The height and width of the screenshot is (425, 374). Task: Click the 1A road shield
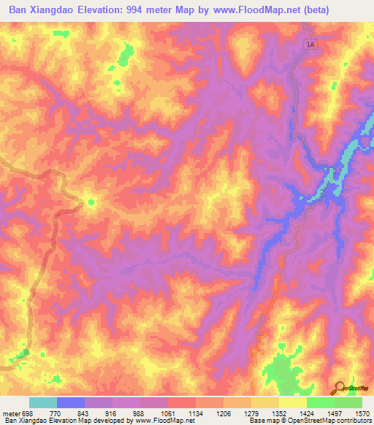pyautogui.click(x=310, y=45)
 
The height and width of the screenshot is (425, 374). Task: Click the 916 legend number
pyautogui.click(x=111, y=413)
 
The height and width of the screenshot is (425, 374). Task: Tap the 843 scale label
pyautogui.click(x=83, y=413)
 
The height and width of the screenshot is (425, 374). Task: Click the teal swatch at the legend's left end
pyautogui.click(x=43, y=402)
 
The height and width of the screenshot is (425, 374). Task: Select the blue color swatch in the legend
pyautogui.click(x=71, y=402)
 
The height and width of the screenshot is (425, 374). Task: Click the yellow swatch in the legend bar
pyautogui.click(x=293, y=402)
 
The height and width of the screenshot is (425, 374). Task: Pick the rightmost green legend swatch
pyautogui.click(x=348, y=402)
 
